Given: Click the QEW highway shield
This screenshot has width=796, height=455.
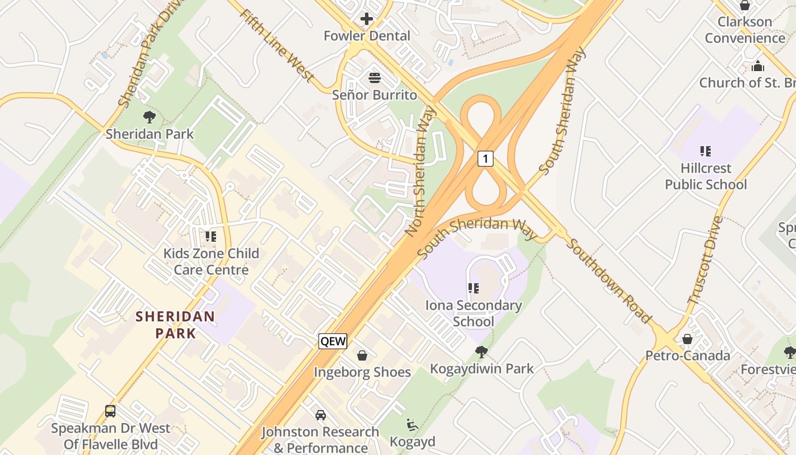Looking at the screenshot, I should pos(333,341).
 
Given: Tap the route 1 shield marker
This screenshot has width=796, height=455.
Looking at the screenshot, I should pos(485,158).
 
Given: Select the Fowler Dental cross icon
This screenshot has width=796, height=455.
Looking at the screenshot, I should pos(367,19).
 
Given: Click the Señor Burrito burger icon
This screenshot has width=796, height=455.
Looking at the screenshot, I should pos(374,77).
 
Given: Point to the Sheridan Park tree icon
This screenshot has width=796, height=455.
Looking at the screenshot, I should pos(150,117).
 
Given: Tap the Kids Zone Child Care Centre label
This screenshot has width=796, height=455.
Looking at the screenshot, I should pos(211,262).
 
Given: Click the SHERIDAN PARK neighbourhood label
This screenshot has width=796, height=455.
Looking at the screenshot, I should pos(175,325).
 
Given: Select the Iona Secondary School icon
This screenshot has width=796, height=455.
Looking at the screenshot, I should pos(474,288).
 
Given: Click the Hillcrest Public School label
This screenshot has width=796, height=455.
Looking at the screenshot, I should pos(706,176).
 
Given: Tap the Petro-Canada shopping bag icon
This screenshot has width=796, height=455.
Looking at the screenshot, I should pos(687,339).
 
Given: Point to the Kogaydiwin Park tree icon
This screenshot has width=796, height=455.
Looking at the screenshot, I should pos(482,351).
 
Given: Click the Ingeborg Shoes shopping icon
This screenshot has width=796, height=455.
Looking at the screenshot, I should pos(362,355).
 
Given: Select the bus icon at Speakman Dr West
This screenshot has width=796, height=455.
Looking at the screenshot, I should pos(110,411).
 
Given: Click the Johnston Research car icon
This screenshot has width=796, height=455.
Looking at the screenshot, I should pos(321,415).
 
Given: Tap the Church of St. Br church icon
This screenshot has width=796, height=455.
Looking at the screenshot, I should pos(757,66).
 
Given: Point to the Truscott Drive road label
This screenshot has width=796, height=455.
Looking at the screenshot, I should pos(706,259).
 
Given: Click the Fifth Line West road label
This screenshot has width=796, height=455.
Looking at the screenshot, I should pos(277,45).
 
